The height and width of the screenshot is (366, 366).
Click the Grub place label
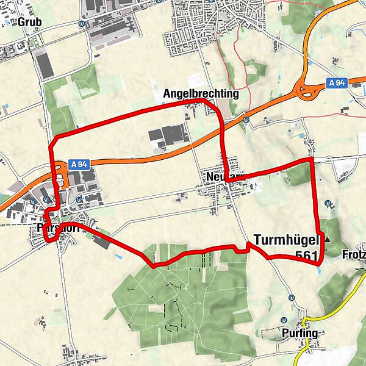pos(29,23)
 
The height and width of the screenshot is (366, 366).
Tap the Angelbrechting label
pos(201,94)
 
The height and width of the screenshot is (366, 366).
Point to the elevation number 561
pos(307,256)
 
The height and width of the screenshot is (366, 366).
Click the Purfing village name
pos(300,334)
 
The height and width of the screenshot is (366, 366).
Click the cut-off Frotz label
pos(354,253)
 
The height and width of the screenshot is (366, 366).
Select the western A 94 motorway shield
pos(80,164)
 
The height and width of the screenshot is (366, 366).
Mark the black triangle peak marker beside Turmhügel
pos(327,240)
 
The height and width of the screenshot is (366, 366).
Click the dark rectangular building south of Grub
pos(44,64)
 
